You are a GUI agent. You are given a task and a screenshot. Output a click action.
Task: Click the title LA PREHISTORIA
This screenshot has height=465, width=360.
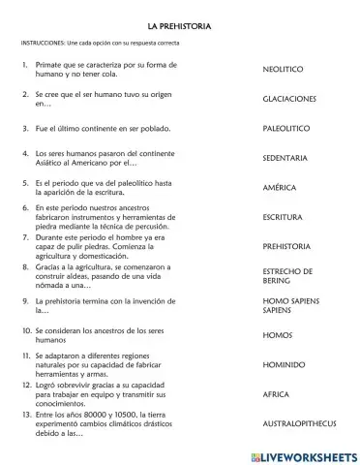click(179, 22)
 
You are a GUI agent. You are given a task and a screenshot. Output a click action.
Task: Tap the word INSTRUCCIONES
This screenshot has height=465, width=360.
click(45, 43)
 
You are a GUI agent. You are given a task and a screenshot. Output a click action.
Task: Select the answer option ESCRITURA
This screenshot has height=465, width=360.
click(283, 217)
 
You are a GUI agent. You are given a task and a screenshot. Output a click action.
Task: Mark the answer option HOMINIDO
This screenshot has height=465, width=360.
click(284, 365)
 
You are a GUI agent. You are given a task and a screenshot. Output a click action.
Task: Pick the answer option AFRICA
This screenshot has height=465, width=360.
click(276, 395)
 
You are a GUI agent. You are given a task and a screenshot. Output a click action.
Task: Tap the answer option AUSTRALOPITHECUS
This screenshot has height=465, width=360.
click(302, 424)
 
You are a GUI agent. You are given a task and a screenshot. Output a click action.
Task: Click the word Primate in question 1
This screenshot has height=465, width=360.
click(50, 65)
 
